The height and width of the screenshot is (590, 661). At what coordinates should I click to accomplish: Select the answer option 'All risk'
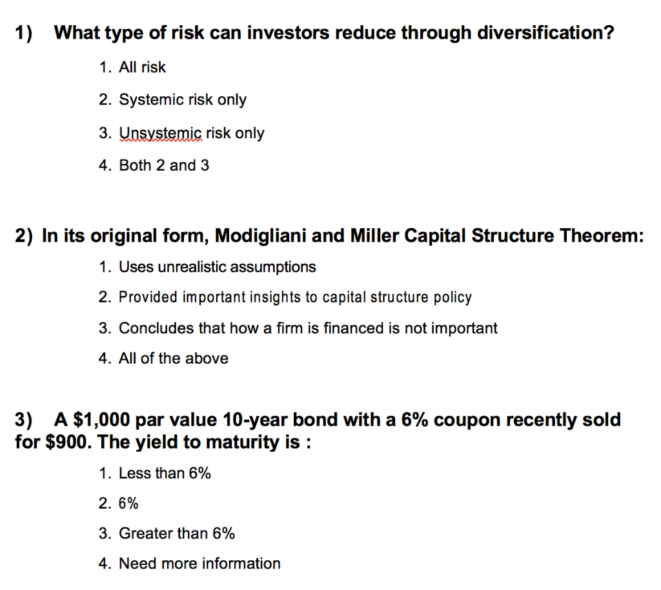(x=142, y=67)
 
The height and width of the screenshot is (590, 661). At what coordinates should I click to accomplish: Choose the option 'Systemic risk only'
(x=183, y=100)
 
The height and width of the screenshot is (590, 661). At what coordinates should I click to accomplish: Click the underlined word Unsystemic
(x=161, y=133)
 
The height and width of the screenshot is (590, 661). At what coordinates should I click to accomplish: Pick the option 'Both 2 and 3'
(x=164, y=165)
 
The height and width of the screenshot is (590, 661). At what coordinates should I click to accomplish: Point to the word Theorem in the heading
(x=601, y=236)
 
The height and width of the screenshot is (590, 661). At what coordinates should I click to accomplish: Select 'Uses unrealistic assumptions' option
(x=218, y=266)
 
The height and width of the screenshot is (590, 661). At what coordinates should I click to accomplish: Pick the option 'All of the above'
(x=173, y=359)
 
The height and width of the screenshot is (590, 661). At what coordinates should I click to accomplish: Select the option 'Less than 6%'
(x=165, y=473)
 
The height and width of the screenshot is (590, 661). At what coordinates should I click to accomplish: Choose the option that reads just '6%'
(x=128, y=503)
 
